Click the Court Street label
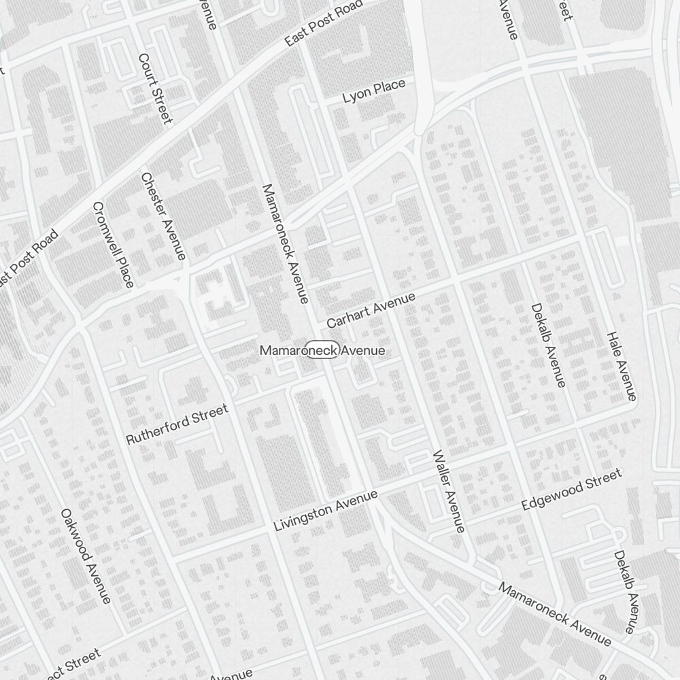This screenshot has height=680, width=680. pyautogui.click(x=154, y=89)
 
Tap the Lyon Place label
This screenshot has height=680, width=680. pyautogui.click(x=373, y=91)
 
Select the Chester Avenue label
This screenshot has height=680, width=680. pyautogui.click(x=163, y=216)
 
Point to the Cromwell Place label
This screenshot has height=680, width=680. pyautogui.click(x=113, y=244)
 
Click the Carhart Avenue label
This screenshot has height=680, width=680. pyautogui.click(x=371, y=310)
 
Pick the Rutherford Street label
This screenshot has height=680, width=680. pyautogui.click(x=177, y=424)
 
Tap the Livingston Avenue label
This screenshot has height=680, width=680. pyautogui.click(x=325, y=511)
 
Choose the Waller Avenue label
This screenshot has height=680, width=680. pyautogui.click(x=448, y=491)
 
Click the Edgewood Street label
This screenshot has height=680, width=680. pyautogui.click(x=571, y=490)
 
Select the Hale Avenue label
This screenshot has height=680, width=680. pyautogui.click(x=622, y=366)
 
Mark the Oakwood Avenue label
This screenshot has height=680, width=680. pyautogui.click(x=86, y=555)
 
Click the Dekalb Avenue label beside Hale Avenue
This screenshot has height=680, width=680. pyautogui.click(x=548, y=345)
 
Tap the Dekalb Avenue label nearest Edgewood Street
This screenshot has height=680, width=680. pyautogui.click(x=624, y=591)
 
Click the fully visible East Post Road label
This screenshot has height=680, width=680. pyautogui.click(x=324, y=24)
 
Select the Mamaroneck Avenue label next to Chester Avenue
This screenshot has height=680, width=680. pyautogui.click(x=285, y=243)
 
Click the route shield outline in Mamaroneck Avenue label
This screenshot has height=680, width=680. pyautogui.click(x=322, y=350)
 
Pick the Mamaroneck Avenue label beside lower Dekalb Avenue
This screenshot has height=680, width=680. pyautogui.click(x=555, y=613)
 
